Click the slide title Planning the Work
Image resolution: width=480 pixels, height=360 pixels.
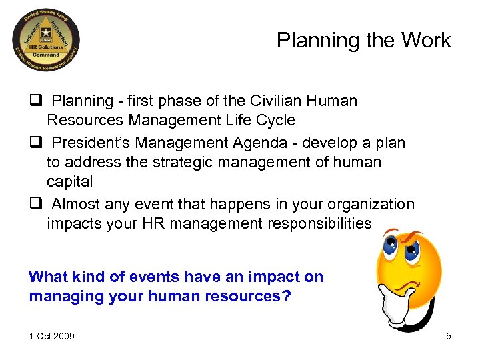click(363, 41)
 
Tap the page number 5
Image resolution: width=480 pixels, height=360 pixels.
click(449, 336)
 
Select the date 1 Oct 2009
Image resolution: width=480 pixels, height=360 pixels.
click(51, 336)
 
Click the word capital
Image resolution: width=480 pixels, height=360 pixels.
click(69, 182)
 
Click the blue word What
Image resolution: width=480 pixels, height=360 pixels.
click(49, 277)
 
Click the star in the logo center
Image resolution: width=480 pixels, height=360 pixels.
click(46, 31)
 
